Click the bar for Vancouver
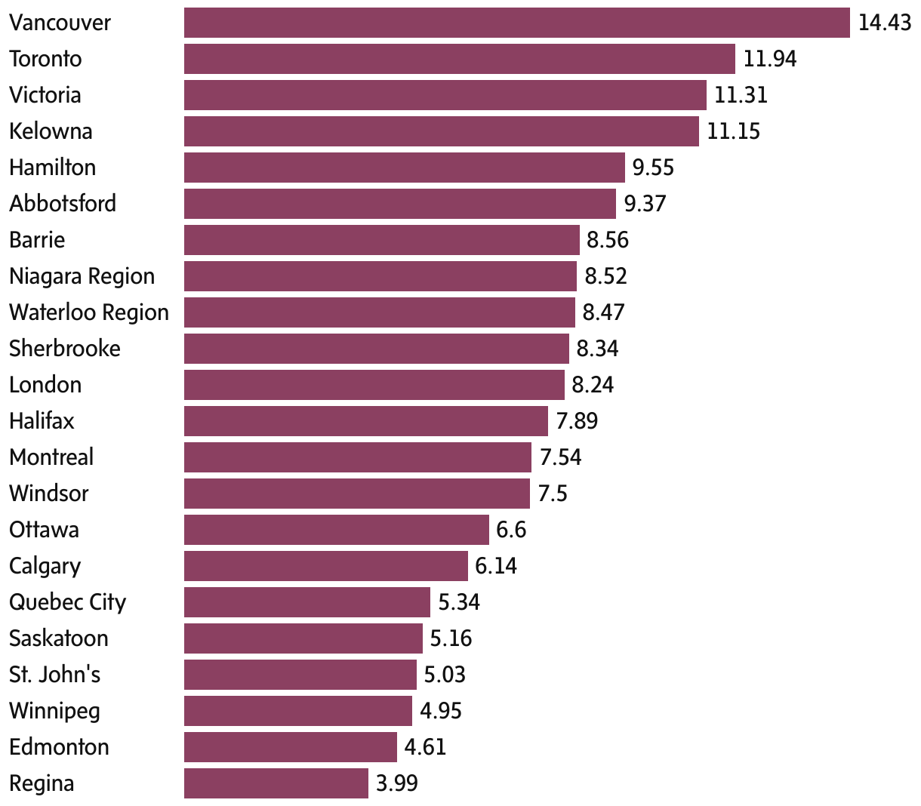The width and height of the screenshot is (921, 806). (516, 23)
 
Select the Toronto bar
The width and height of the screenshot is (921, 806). (459, 59)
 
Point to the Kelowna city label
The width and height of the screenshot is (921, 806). (51, 131)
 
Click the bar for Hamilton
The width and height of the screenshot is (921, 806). (404, 168)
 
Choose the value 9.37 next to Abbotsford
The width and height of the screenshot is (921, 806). (645, 204)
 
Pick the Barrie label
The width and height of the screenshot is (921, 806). (37, 240)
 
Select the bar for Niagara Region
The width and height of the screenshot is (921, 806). (380, 276)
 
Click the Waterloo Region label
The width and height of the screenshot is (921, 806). (89, 312)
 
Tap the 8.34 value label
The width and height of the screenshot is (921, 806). (597, 349)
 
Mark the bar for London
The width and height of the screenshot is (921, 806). (374, 385)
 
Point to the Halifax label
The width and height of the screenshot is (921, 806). (42, 421)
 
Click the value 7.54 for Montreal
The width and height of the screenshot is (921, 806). (560, 457)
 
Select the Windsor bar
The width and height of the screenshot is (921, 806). (356, 494)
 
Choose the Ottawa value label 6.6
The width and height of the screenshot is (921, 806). (511, 530)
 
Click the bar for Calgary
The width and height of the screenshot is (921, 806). (325, 566)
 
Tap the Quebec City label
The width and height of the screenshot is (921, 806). (67, 602)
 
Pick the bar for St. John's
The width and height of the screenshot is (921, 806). (300, 675)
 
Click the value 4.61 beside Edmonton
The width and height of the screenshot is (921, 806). (425, 747)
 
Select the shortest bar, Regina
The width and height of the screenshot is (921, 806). (276, 783)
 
